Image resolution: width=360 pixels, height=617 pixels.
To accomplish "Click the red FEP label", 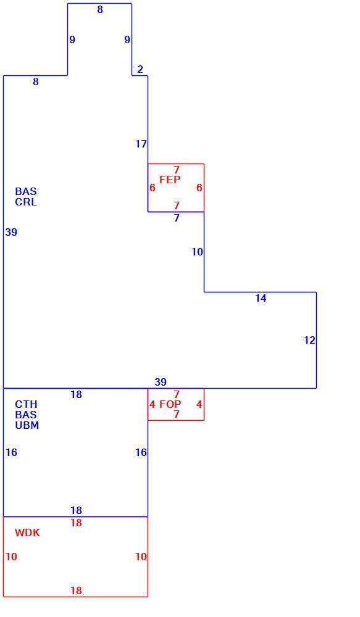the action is (x=170, y=180).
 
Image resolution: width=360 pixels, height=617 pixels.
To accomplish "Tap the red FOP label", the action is (x=170, y=404).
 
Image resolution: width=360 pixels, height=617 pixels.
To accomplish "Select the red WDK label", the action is (x=28, y=533).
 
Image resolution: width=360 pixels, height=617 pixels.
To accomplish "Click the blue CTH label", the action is (x=27, y=404).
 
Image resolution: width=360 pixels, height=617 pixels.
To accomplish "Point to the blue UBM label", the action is (x=27, y=425).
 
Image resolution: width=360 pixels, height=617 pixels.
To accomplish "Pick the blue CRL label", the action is (x=26, y=202).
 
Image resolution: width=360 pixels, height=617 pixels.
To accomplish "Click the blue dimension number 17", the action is (x=141, y=144).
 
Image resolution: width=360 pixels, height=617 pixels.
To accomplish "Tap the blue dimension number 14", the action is (x=261, y=298).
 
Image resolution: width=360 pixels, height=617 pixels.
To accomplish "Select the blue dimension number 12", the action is (x=309, y=340).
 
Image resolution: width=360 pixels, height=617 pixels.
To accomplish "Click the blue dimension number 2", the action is (x=140, y=69).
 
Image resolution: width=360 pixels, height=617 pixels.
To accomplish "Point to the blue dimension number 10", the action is (x=198, y=252).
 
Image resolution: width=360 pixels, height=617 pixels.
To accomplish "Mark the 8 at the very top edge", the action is (x=100, y=9).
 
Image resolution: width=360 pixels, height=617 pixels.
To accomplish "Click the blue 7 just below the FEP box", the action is (x=177, y=218).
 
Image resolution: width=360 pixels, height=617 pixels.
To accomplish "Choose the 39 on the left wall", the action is (x=11, y=232).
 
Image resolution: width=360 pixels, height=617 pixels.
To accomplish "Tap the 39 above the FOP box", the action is (x=161, y=382).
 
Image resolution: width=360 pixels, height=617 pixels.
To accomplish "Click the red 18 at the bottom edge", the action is (x=77, y=590).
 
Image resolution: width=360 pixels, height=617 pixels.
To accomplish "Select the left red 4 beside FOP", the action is (x=153, y=404).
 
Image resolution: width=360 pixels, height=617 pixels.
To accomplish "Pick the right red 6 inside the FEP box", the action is (x=199, y=188).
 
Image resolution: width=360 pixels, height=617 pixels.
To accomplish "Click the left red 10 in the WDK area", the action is (x=11, y=557).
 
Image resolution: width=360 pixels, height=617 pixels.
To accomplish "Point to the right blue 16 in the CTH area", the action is (x=141, y=452).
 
